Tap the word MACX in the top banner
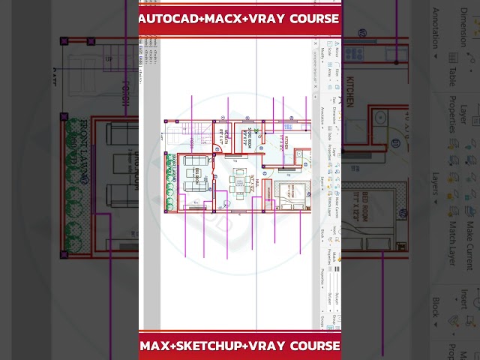coord(223,18)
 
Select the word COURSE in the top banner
coord(313,18)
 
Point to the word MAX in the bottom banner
coord(157,346)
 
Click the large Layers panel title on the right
coord(435,187)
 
